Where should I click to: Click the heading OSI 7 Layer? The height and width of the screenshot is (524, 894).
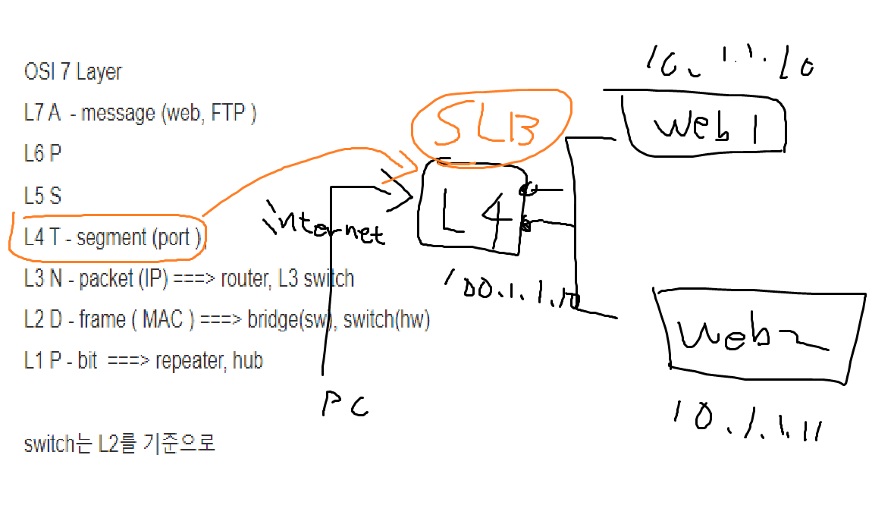click(73, 73)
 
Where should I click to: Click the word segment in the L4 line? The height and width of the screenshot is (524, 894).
click(111, 238)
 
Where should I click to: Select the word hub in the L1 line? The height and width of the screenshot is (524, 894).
click(248, 361)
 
